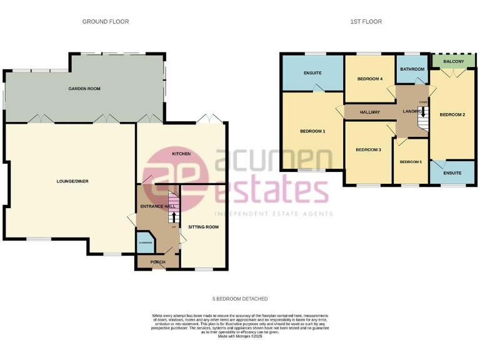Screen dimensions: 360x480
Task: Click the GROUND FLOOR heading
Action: [x=106, y=22]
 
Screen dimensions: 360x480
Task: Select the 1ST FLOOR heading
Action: [x=366, y=22]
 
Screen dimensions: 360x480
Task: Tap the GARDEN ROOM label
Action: [x=84, y=89]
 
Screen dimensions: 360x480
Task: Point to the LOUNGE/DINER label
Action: [x=72, y=181]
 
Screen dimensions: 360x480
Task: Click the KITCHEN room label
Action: [x=181, y=153]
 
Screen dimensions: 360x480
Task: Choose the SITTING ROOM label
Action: [x=204, y=227]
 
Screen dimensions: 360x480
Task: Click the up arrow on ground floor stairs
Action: [x=173, y=217]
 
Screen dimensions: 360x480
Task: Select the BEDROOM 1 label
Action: [x=312, y=131]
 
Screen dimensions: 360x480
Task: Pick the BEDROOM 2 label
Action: [x=452, y=115]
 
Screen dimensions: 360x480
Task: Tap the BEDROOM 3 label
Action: [x=368, y=150]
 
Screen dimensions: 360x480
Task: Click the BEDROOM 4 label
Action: [x=369, y=79]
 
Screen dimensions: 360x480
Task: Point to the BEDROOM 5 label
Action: [x=411, y=162]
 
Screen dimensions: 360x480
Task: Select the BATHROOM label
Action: [x=412, y=69]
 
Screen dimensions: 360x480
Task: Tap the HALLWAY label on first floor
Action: [x=370, y=112]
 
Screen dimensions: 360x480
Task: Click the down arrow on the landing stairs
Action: [x=423, y=112]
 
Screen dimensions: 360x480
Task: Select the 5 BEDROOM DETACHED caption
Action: [x=240, y=299]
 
